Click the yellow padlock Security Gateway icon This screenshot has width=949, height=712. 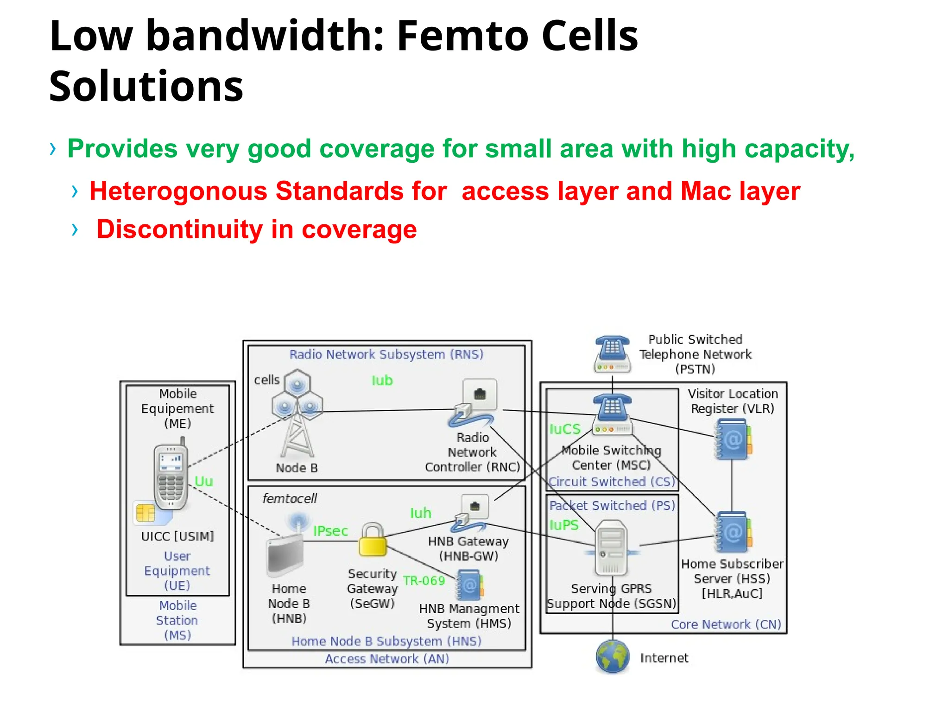pyautogui.click(x=373, y=540)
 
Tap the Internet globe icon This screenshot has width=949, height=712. pyautogui.click(x=612, y=656)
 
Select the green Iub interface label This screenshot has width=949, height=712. pyautogui.click(x=382, y=381)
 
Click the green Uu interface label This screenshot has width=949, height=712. pyautogui.click(x=203, y=481)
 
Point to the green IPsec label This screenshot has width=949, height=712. pyautogui.click(x=330, y=531)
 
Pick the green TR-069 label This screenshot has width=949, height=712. pyautogui.click(x=424, y=581)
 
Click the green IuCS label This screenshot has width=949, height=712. pyautogui.click(x=565, y=429)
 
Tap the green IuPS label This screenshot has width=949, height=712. pyautogui.click(x=564, y=525)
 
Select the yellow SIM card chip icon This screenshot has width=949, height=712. pyautogui.click(x=146, y=513)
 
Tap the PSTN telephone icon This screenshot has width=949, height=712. pyautogui.click(x=612, y=355)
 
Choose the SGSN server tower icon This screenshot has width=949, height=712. pyautogui.click(x=611, y=547)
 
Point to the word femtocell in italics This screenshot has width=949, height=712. pyautogui.click(x=290, y=499)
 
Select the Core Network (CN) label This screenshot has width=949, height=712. pyautogui.click(x=726, y=624)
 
